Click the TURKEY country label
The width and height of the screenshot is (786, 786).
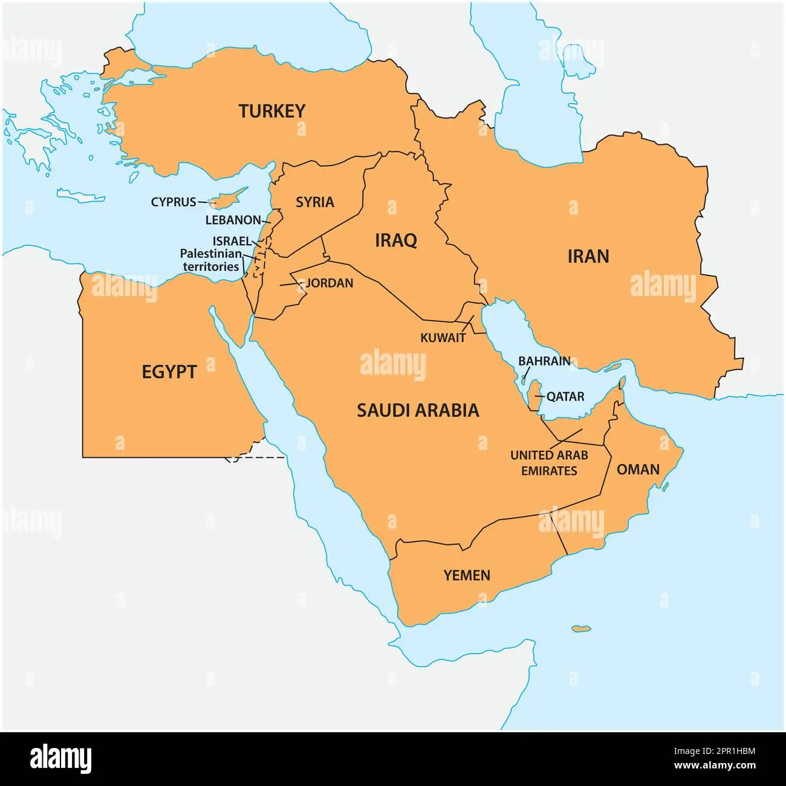pos(271,111)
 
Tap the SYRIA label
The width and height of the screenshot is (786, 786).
pos(314,202)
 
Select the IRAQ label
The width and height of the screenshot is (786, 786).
pos(396,240)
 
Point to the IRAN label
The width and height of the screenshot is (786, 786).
pos(588,256)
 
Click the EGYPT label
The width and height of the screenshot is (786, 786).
pos(169,372)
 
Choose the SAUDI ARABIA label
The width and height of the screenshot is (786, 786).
pos(418,410)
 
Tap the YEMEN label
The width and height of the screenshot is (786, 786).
pos(467,575)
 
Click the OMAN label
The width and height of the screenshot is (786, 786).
pos(638,469)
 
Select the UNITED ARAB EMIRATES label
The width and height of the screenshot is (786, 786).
pos(549,463)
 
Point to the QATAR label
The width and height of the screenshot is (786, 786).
pos(565,397)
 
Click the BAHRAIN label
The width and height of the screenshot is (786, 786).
pos(544,361)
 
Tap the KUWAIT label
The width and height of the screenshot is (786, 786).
pos(443,338)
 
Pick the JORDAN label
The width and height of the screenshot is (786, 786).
pos(330,283)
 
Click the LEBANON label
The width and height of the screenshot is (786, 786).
pos(233,221)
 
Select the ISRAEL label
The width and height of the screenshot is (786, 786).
pos(231,241)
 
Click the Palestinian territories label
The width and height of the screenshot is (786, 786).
pos(211,260)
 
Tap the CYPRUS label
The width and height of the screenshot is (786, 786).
pos(174,202)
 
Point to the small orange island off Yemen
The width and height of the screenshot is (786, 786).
pos(581,629)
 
